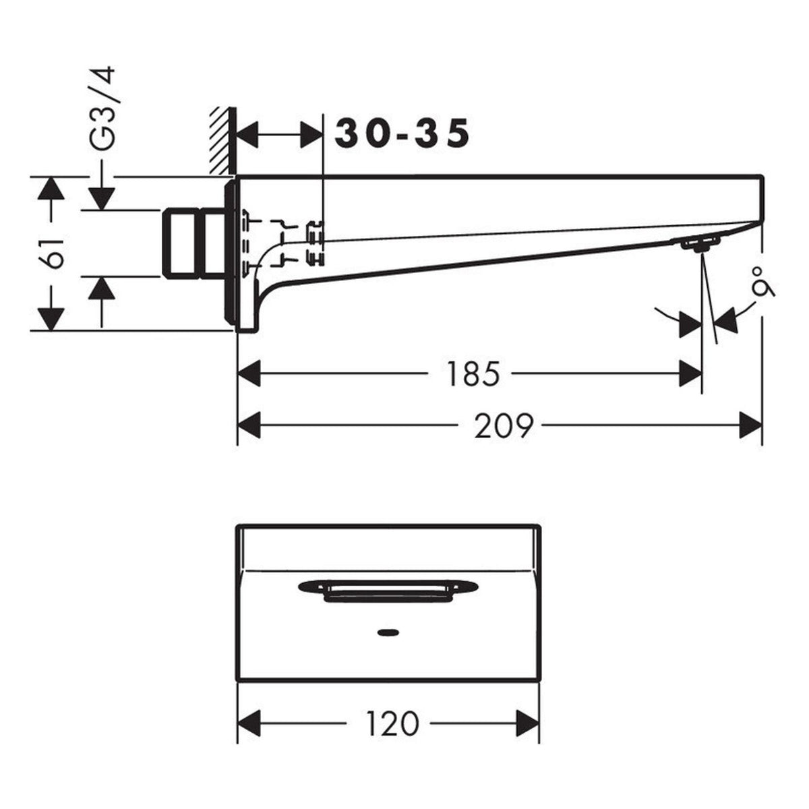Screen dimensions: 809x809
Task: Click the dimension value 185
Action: pos(473,374)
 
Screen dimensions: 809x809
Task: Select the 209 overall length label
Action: pos(504,427)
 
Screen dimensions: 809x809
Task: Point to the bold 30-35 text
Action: pos(402,133)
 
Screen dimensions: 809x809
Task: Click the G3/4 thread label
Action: pos(102,109)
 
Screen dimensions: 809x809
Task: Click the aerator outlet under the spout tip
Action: pos(698,244)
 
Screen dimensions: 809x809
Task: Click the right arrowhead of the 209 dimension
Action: pos(750,425)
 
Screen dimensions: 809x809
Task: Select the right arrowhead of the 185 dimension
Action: pos(690,373)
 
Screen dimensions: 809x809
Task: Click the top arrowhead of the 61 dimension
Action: pos(51,188)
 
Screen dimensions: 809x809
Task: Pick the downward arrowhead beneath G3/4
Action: pos(102,198)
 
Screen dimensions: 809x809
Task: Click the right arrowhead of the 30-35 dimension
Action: pos(311,134)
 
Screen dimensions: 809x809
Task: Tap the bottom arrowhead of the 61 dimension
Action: pos(51,320)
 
